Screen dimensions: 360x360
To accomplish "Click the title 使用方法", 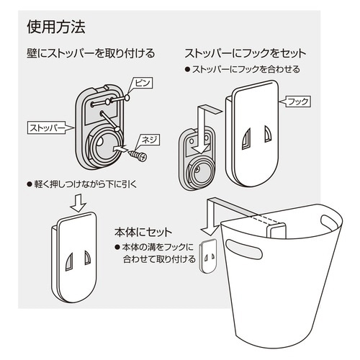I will [x=55, y=28].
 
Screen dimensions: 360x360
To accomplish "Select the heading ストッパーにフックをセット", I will [x=246, y=53].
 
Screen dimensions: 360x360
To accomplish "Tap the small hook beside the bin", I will [x=207, y=256].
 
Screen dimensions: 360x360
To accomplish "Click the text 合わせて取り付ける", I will [x=154, y=260].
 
